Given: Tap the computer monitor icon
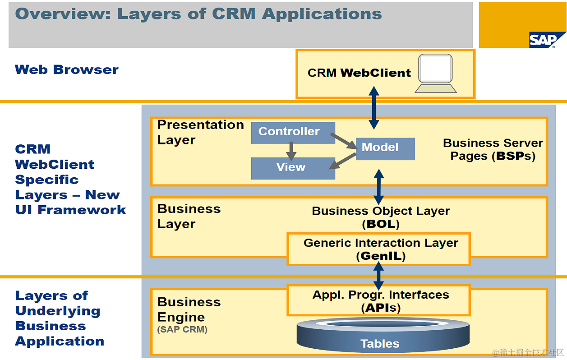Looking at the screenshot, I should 435,73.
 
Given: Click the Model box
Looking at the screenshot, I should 385,148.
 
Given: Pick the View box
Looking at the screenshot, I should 293,168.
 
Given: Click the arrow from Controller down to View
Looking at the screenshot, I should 291,151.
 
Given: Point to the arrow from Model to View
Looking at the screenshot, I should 342,162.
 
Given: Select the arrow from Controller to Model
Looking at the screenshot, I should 343,140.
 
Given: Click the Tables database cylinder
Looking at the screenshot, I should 380,336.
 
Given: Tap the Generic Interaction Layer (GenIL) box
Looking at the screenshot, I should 379,249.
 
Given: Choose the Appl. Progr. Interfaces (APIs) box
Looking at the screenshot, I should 379,300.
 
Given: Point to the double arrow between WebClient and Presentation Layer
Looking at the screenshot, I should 374,108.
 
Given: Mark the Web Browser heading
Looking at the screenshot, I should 67,70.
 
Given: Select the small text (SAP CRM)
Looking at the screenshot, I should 182,330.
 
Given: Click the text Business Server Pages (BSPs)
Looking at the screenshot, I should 493,150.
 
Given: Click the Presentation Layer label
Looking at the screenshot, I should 200,132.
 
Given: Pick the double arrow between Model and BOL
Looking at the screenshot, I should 379,186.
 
